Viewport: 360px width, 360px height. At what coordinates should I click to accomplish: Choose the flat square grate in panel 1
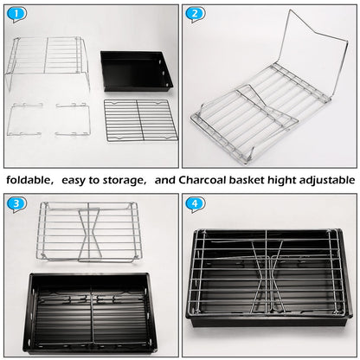tap(140, 120)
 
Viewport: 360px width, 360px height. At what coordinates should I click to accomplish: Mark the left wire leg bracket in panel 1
tap(26, 120)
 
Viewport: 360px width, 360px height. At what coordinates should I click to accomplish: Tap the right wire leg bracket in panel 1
tap(74, 120)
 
